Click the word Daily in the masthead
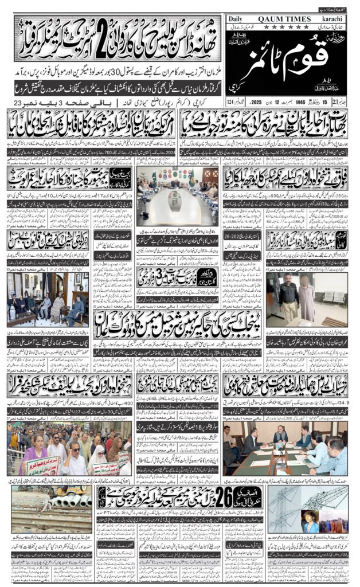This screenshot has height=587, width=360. [x=236, y=19]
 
